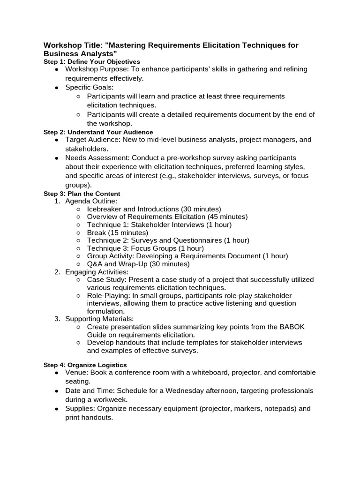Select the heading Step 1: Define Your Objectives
click(92, 61)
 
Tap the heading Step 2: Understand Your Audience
click(98, 132)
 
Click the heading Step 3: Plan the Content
click(82, 194)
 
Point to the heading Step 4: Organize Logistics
click(85, 365)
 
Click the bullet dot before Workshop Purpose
click(56, 69)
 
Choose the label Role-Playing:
click(108, 295)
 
